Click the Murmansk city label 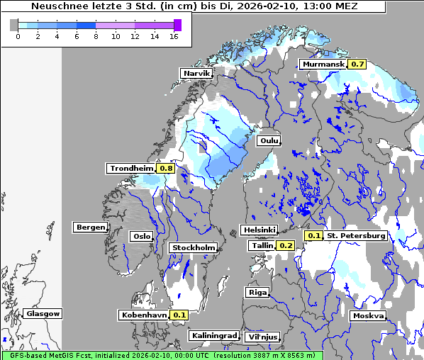pyautogui.click(x=323, y=64)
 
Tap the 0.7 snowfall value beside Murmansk pyautogui.click(x=357, y=64)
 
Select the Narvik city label pyautogui.click(x=196, y=73)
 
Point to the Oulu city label pyautogui.click(x=269, y=141)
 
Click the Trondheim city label pyautogui.click(x=131, y=169)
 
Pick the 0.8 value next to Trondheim pyautogui.click(x=166, y=169)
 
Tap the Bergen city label pyautogui.click(x=89, y=227)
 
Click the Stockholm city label pyautogui.click(x=193, y=247)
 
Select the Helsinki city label pyautogui.click(x=259, y=230)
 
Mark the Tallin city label pyautogui.click(x=262, y=245)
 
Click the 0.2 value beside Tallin pyautogui.click(x=286, y=245)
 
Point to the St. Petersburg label pyautogui.click(x=356, y=235)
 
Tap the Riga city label pyautogui.click(x=257, y=292)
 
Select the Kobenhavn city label pyautogui.click(x=143, y=315)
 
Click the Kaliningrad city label pyautogui.click(x=213, y=335)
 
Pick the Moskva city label pyautogui.click(x=368, y=316)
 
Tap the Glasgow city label pyautogui.click(x=43, y=314)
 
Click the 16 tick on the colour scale pyautogui.click(x=174, y=36)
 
